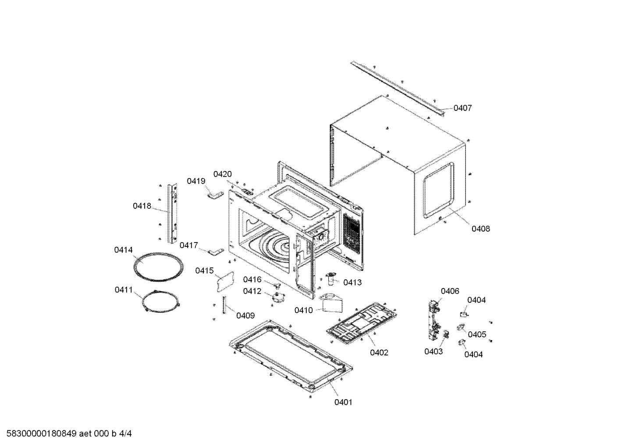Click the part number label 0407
pyautogui.click(x=462, y=108)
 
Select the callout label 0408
pyautogui.click(x=481, y=229)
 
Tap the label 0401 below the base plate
pyautogui.click(x=343, y=402)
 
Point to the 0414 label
pyautogui.click(x=123, y=250)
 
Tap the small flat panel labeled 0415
pyautogui.click(x=225, y=282)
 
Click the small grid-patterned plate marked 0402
pyautogui.click(x=362, y=323)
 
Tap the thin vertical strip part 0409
pyautogui.click(x=224, y=305)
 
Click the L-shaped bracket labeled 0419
pyautogui.click(x=216, y=195)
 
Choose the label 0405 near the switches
pyautogui.click(x=477, y=334)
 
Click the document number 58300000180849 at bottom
pyautogui.click(x=42, y=433)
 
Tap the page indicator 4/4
pyautogui.click(x=125, y=433)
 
